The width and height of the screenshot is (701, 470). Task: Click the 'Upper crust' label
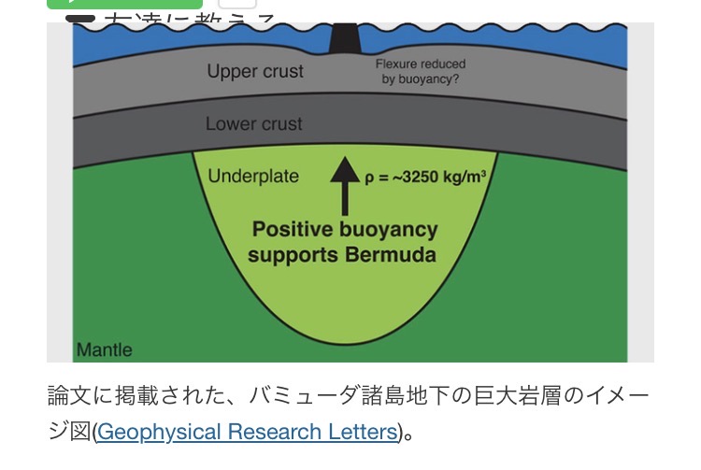tap(255, 71)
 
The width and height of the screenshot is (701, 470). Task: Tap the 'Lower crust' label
tap(253, 123)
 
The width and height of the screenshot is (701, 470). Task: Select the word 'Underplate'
tap(253, 176)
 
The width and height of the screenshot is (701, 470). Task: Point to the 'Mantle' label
tap(104, 350)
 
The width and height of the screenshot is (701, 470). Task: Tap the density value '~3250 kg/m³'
tap(434, 177)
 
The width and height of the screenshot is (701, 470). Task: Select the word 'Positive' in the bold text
tap(298, 229)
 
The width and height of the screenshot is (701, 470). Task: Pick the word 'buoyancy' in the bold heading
tap(391, 229)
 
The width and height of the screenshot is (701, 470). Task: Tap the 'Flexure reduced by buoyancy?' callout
tap(420, 72)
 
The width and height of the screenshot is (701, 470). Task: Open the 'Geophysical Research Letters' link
tap(247, 432)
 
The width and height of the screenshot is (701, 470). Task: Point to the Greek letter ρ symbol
tap(370, 177)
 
